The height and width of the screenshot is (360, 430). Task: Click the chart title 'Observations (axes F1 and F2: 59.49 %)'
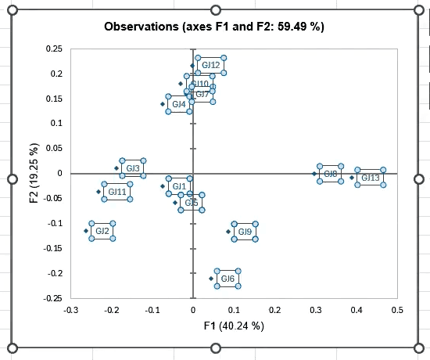point(214,27)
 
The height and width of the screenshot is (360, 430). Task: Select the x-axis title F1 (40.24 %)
point(234,326)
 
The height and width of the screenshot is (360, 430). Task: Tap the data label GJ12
point(210,65)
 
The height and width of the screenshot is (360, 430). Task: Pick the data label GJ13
point(370,178)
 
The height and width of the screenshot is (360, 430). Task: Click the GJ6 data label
point(228,279)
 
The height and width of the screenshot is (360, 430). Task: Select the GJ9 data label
point(245,232)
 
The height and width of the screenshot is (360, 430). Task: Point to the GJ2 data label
point(102,231)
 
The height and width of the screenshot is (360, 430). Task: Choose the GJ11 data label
point(116,192)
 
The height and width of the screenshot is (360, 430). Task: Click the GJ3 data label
point(133,168)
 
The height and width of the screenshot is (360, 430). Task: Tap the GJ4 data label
point(179,104)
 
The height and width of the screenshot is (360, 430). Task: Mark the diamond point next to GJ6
point(211,279)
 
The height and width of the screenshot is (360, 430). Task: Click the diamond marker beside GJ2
point(86,231)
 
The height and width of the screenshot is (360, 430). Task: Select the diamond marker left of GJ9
point(228,232)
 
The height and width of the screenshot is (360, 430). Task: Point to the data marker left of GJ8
point(314,174)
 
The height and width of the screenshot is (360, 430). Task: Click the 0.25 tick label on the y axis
point(55,49)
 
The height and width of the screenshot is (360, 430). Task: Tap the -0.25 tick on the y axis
point(53,298)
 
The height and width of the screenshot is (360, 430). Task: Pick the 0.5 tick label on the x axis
point(397,310)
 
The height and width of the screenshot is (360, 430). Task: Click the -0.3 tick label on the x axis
point(70,310)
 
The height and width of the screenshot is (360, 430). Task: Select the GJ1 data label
point(179,185)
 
